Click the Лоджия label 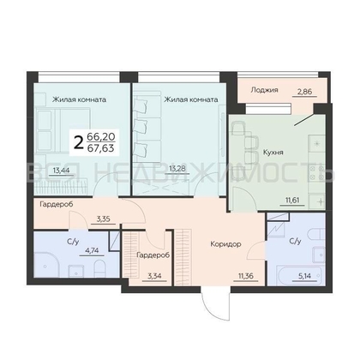coord(264,90)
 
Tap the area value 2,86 coord(304,92)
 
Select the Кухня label coord(273,153)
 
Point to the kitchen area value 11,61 coord(291,200)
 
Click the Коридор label coord(225,244)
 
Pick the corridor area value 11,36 coord(246,276)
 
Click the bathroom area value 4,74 coord(92,250)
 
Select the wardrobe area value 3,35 coord(103,219)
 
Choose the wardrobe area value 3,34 coord(154,276)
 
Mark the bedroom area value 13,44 coord(61,171)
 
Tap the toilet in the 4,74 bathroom coord(99,267)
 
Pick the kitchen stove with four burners coord(317,174)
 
